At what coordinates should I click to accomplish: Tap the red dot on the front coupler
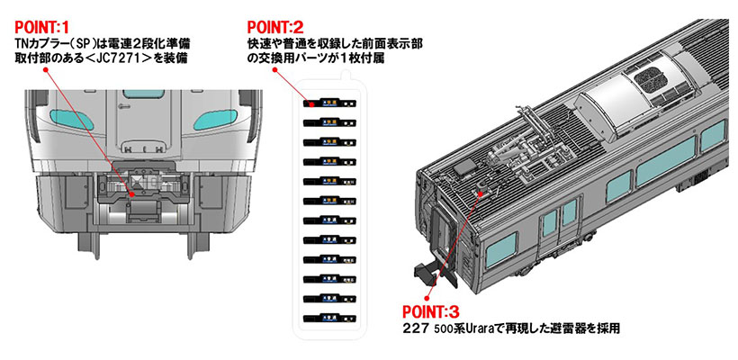(131, 193)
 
